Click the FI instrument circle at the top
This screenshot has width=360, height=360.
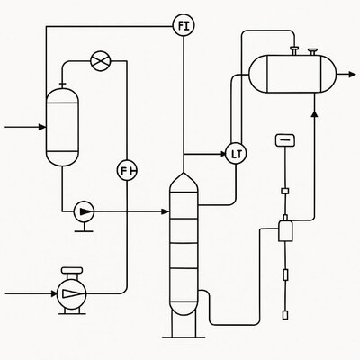[184, 26]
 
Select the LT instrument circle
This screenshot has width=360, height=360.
[236, 154]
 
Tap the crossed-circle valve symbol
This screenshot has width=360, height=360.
[101, 61]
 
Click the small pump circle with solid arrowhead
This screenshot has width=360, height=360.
[84, 211]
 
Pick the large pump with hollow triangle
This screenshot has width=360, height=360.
[72, 293]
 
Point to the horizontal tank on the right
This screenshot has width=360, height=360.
[292, 74]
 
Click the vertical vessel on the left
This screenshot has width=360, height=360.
[62, 127]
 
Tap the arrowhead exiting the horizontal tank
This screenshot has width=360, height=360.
[352, 74]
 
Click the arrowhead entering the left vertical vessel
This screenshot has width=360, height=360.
[42, 127]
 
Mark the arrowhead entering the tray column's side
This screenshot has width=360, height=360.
[166, 211]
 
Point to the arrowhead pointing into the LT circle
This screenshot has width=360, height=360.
[223, 154]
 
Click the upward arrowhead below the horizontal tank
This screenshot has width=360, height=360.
[314, 113]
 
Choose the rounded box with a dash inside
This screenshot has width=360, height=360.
[285, 140]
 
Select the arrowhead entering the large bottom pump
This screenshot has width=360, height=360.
[54, 293]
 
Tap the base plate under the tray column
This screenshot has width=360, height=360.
[184, 337]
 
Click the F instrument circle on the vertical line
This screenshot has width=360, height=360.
[127, 171]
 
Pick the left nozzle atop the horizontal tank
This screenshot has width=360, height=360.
[294, 50]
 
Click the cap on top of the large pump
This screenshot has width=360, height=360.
[72, 270]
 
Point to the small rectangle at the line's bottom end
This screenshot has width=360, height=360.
[285, 315]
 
